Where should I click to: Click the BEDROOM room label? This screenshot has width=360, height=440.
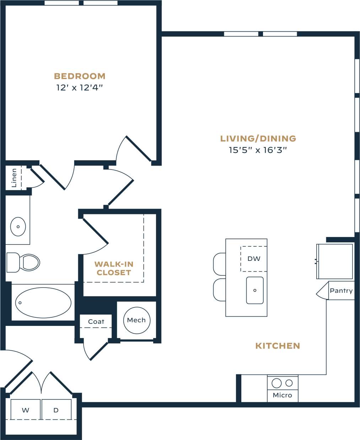pos(80,76)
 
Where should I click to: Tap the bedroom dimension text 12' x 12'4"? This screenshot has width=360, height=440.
pos(80,87)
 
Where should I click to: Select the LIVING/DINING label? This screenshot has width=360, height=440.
pos(258,139)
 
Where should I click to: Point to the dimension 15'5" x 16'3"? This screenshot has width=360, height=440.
pos(258,150)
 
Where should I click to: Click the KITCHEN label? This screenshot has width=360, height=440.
pos(278,346)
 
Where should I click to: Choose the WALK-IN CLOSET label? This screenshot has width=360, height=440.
pos(114,268)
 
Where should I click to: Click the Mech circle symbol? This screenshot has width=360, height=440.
pos(136,320)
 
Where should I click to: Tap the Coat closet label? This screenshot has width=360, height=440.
pos(96,322)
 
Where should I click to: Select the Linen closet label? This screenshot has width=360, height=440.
pos(14,177)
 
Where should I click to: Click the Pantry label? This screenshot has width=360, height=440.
pos(341,291)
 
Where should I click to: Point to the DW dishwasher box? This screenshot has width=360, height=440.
pos(254,259)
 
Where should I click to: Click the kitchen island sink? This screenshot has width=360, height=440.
pos(255,290)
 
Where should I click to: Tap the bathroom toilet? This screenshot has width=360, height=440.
pos(23,262)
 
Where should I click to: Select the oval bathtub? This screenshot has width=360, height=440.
pos(43,303)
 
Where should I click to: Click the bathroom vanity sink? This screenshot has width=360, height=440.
pos(18,226)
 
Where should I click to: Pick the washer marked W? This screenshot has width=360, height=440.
pos(26,410)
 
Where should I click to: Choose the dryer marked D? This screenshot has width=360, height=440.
pos(56,410)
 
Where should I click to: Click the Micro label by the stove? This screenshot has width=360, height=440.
pos(282,395)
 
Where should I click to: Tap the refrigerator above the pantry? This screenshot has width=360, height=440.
pos(335,261)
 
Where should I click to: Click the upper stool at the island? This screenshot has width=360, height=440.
pos(220,264)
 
